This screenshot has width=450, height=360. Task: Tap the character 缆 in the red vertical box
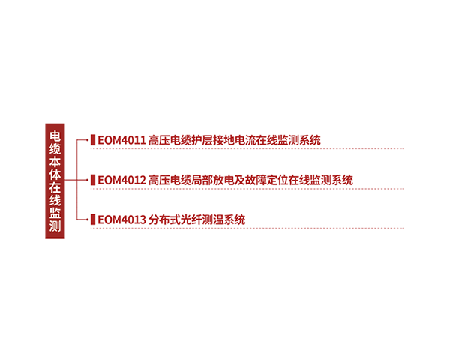(55, 149)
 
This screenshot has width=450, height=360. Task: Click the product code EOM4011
(121, 140)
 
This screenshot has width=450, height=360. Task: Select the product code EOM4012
(121, 180)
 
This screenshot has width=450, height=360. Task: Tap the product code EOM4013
(121, 220)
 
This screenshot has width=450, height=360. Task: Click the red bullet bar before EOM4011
(92, 140)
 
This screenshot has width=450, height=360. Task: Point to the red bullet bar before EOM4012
(92, 180)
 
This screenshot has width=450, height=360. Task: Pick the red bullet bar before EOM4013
(92, 220)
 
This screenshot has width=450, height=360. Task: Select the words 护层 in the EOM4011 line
(202, 140)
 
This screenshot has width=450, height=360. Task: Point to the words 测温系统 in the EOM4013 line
(224, 220)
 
